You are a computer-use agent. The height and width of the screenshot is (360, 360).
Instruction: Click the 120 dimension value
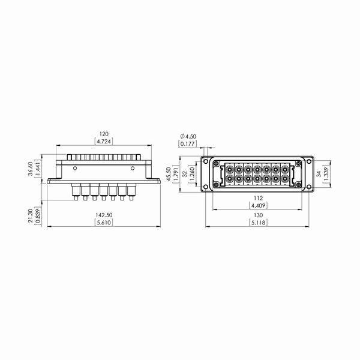pos(104,134)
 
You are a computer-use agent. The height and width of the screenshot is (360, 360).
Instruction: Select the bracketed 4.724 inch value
pos(104,142)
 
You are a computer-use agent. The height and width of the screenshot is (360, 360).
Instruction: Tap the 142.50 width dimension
pos(104,215)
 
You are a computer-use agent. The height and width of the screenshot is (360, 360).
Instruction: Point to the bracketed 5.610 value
pos(104,223)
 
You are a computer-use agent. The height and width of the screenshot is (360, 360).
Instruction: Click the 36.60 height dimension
pos(31,169)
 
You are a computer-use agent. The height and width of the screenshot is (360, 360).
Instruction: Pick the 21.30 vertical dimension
pos(31,216)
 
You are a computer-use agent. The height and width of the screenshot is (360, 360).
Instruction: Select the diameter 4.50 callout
pos(188,136)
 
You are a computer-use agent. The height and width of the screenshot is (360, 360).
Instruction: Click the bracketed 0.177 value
pos(188,144)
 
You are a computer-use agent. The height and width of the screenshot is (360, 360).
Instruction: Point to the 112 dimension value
pos(258,198)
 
